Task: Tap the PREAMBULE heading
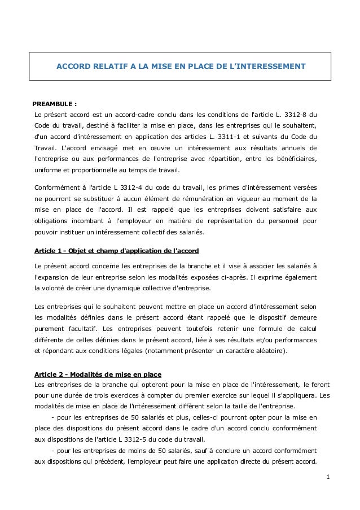(55, 104)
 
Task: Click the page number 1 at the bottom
(328, 478)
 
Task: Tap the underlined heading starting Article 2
(97, 374)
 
